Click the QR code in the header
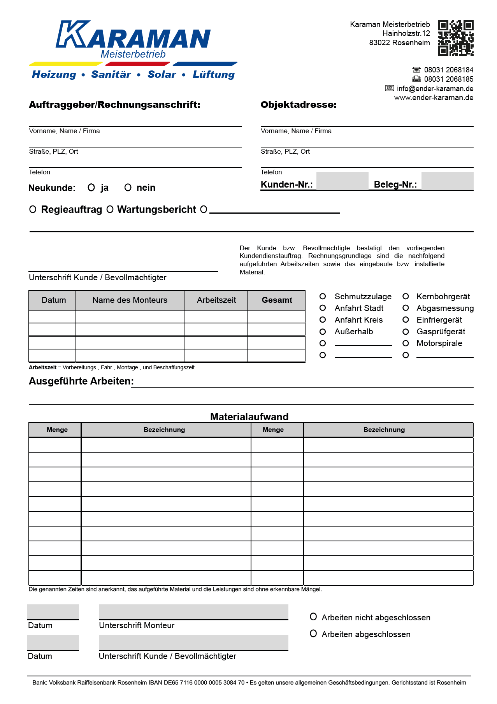(455, 38)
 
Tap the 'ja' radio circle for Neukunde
(91, 188)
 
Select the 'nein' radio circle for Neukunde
(128, 188)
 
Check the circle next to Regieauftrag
(33, 209)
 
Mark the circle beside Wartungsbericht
(110, 209)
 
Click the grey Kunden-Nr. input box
(342, 181)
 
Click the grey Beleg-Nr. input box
(447, 181)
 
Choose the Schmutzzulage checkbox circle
(323, 297)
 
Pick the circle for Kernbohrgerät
(406, 297)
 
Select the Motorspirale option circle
(406, 343)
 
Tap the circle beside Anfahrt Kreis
(323, 320)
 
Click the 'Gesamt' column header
(277, 300)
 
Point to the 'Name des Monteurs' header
(130, 300)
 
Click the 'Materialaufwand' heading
(249, 417)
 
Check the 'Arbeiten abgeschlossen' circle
(313, 634)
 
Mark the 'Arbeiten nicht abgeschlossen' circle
(313, 616)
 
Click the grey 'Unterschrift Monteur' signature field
(193, 612)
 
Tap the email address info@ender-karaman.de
(435, 88)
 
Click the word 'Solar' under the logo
(162, 74)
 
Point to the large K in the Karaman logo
(72, 34)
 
